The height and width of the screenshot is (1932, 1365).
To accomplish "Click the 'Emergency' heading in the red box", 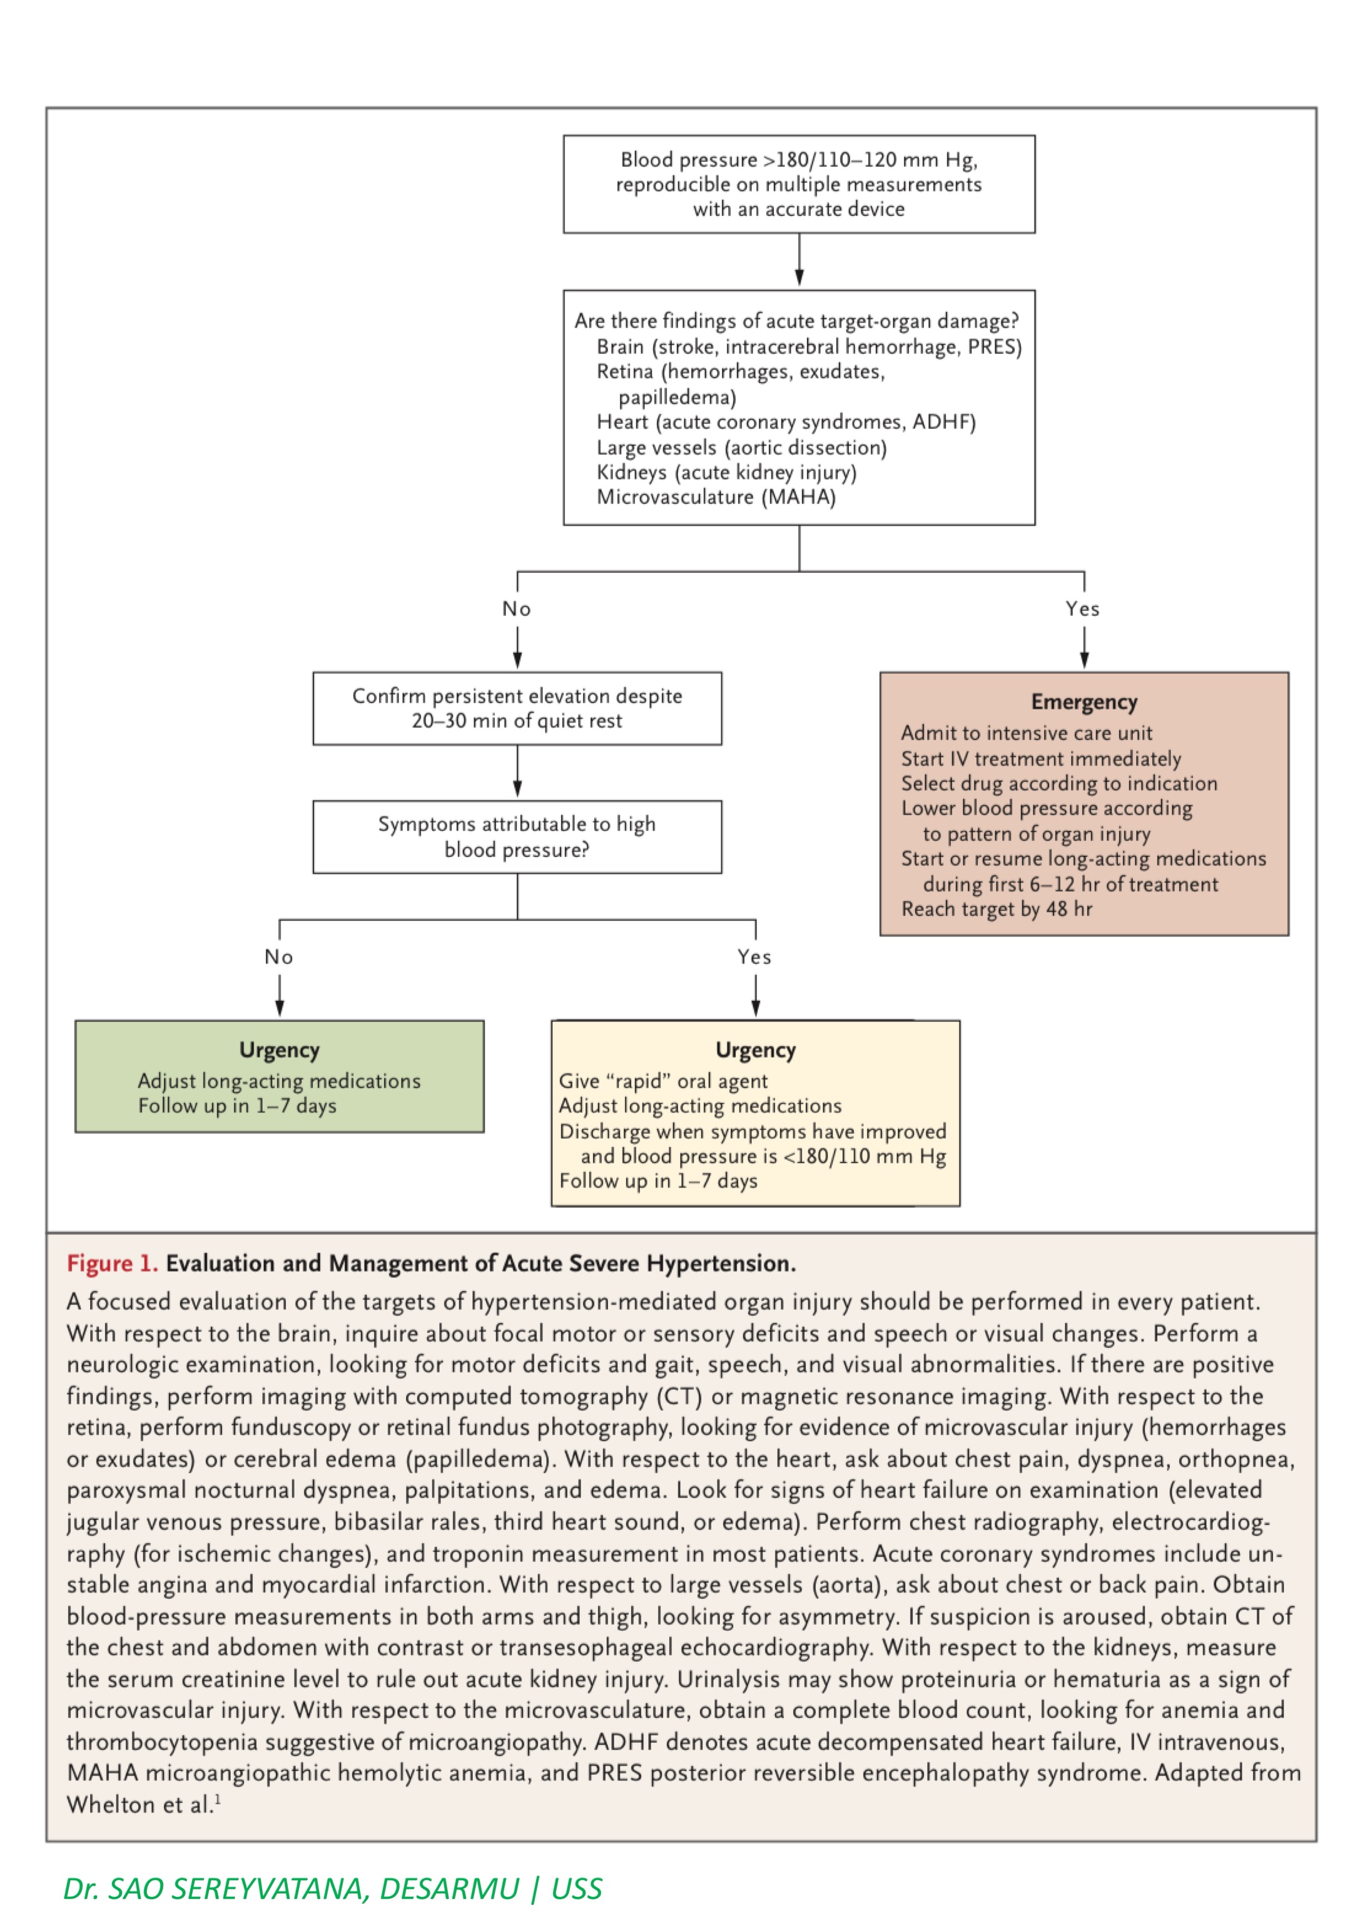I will pyautogui.click(x=1083, y=702).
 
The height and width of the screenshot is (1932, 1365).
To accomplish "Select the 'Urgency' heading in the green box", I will pyautogui.click(x=279, y=1050).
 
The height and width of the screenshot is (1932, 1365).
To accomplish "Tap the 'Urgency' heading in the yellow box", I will pyautogui.click(x=755, y=1050).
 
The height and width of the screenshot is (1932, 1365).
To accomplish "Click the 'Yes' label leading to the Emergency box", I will pyautogui.click(x=1082, y=609).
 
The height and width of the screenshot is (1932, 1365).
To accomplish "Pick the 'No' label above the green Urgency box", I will pyautogui.click(x=279, y=957).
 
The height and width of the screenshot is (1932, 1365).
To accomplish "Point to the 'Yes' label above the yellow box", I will pyautogui.click(x=754, y=957).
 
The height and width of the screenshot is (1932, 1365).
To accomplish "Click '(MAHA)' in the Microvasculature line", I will pyautogui.click(x=799, y=496).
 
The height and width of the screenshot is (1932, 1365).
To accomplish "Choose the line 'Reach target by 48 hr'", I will pyautogui.click(x=997, y=909).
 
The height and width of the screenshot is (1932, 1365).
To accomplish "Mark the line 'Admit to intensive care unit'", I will pyautogui.click(x=1026, y=733).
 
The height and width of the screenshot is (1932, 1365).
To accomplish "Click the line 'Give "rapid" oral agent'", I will pyautogui.click(x=662, y=1081).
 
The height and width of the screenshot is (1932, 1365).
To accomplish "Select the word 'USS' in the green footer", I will pyautogui.click(x=577, y=1889).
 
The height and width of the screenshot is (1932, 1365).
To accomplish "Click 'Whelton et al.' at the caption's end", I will pyautogui.click(x=140, y=1805).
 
